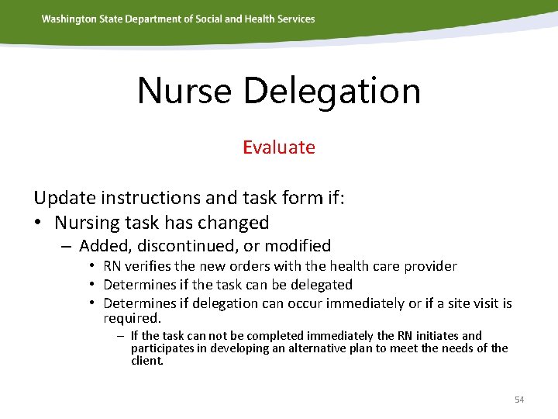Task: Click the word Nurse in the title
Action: click(x=184, y=91)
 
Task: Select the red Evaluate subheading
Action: click(x=278, y=147)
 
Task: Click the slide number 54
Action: click(x=519, y=400)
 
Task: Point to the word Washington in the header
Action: click(x=69, y=19)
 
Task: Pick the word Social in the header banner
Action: click(x=207, y=19)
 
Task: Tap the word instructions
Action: click(x=148, y=198)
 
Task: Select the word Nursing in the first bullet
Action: click(x=86, y=223)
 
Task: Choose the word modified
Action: click(x=298, y=246)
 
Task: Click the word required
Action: click(x=131, y=318)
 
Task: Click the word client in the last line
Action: click(x=146, y=360)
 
